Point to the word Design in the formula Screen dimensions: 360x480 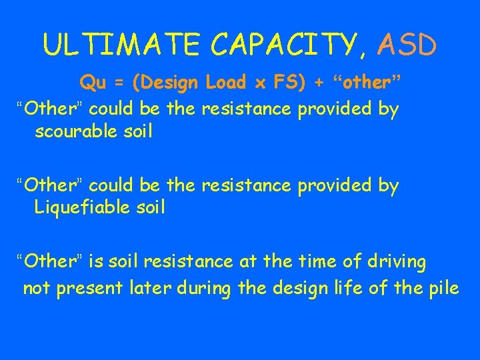[x=168, y=83]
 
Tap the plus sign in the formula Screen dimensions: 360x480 [x=319, y=84]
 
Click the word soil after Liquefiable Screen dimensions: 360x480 [x=149, y=207]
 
